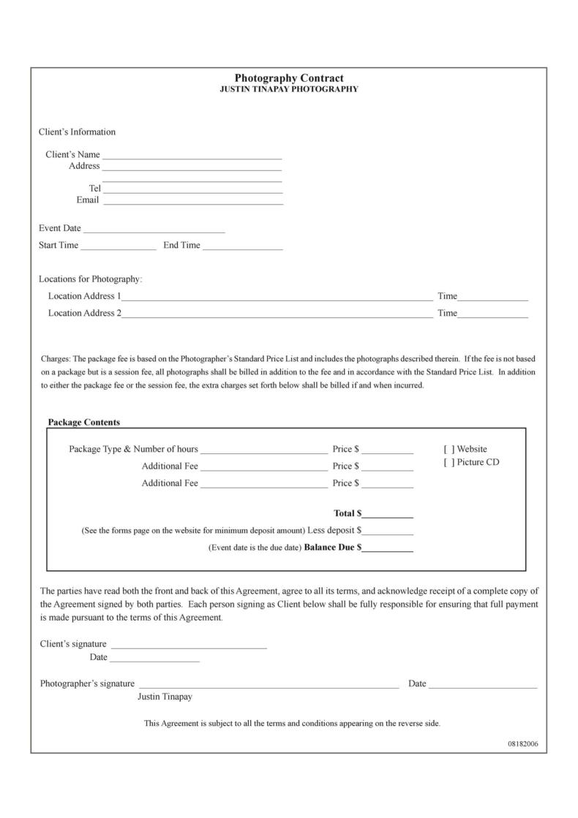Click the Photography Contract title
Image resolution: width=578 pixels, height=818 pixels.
(x=289, y=78)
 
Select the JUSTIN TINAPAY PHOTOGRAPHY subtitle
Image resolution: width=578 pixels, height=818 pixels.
(x=289, y=89)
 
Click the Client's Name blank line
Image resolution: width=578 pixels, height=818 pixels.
(x=192, y=156)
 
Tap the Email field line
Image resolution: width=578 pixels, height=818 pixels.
(x=192, y=201)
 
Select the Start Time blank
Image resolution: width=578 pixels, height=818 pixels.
(x=118, y=246)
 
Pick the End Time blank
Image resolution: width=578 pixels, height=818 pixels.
(x=242, y=246)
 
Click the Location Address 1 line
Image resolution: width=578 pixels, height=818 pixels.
(x=277, y=298)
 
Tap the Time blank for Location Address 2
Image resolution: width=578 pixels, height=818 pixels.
(x=492, y=314)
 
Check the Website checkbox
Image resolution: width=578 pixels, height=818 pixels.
(x=448, y=450)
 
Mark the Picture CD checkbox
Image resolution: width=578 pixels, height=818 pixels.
(x=448, y=463)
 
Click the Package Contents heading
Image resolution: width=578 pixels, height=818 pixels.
(x=84, y=423)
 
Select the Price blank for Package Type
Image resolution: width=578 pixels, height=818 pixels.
(x=387, y=450)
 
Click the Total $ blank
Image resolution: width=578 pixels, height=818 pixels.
(x=387, y=515)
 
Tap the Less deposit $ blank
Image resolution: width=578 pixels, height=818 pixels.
(x=388, y=531)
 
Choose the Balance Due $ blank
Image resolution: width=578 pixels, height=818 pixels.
(x=387, y=548)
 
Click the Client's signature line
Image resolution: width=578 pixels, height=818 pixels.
(x=189, y=645)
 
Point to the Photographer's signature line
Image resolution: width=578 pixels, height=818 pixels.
(x=269, y=685)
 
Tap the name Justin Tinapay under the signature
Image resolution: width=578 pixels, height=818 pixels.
(x=165, y=697)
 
